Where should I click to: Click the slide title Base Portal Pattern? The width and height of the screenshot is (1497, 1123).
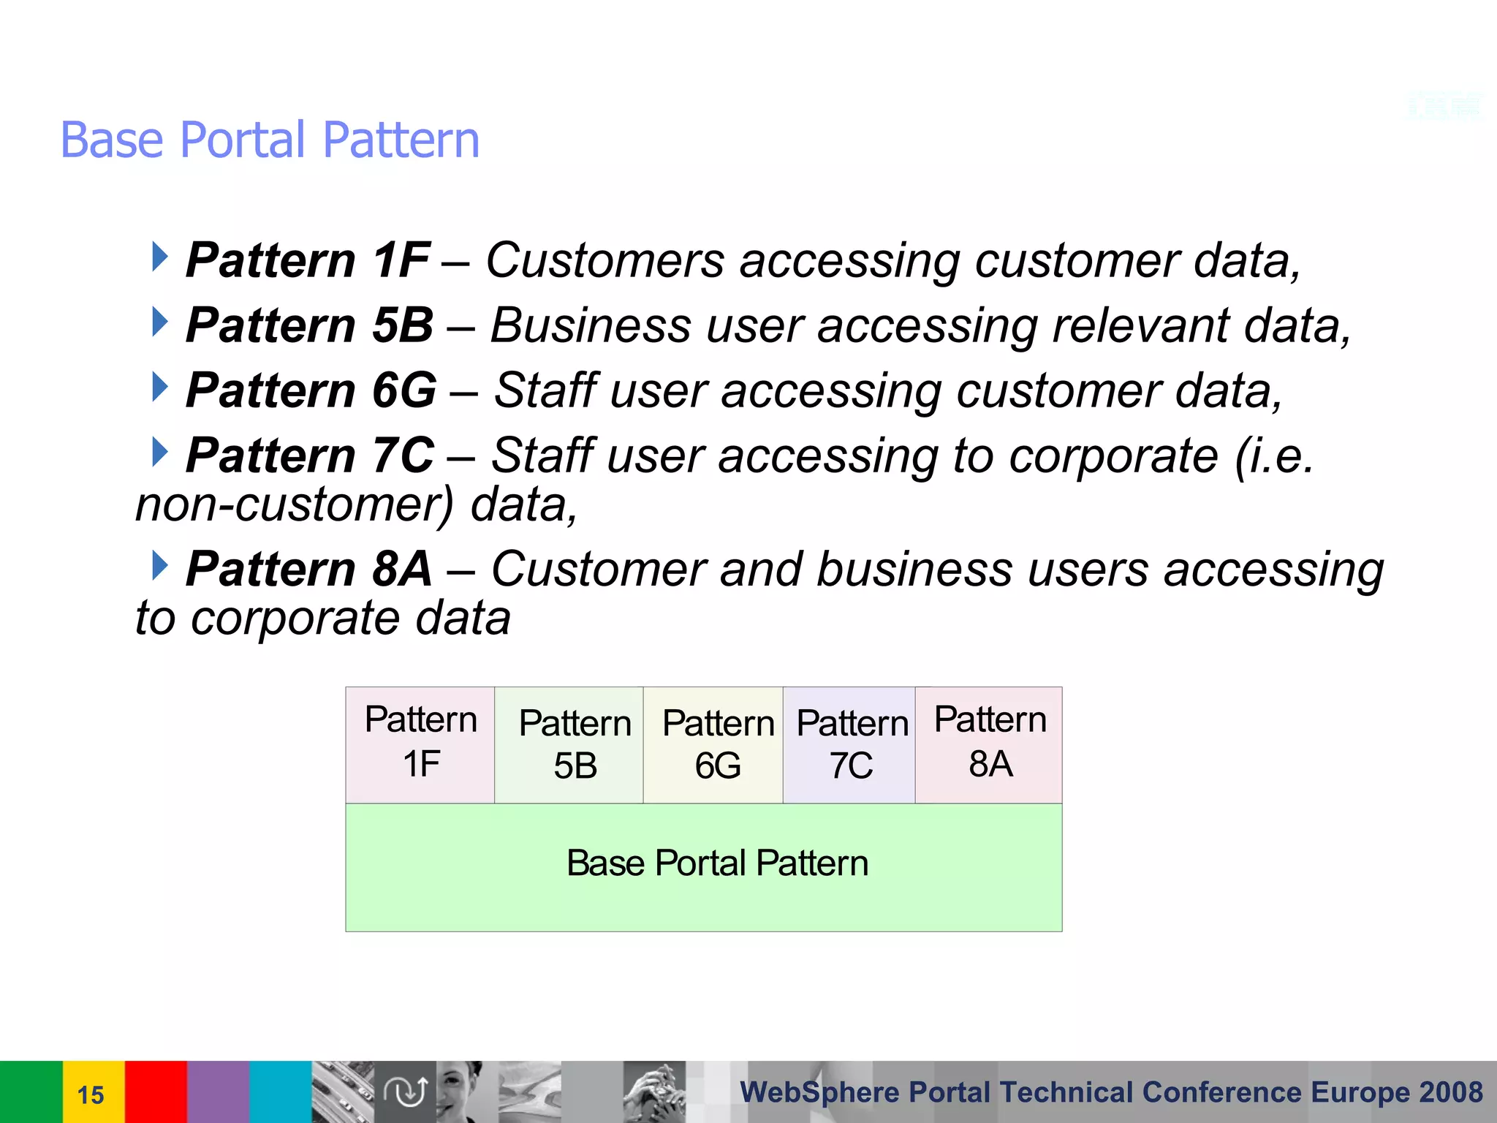[x=270, y=140]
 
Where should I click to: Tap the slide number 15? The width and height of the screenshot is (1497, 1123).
[x=91, y=1094]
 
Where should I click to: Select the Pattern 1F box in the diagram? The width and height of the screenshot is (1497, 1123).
[x=420, y=744]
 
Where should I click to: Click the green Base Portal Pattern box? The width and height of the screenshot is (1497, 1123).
[x=703, y=866]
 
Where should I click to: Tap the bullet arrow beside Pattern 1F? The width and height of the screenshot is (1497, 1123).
[x=159, y=257]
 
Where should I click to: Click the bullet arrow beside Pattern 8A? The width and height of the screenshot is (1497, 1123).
[x=159, y=565]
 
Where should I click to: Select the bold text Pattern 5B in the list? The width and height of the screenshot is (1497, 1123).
[x=310, y=325]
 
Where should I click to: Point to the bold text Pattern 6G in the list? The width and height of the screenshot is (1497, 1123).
[x=311, y=390]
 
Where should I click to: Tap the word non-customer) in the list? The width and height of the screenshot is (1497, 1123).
[x=295, y=505]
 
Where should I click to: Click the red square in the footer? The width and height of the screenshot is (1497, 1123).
[x=156, y=1092]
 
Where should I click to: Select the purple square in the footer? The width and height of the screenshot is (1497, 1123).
[x=218, y=1092]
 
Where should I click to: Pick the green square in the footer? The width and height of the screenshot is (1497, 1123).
[x=31, y=1092]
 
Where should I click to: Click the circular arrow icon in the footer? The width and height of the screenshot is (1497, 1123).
[x=405, y=1092]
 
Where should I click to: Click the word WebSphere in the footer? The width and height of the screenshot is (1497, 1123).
[x=819, y=1092]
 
